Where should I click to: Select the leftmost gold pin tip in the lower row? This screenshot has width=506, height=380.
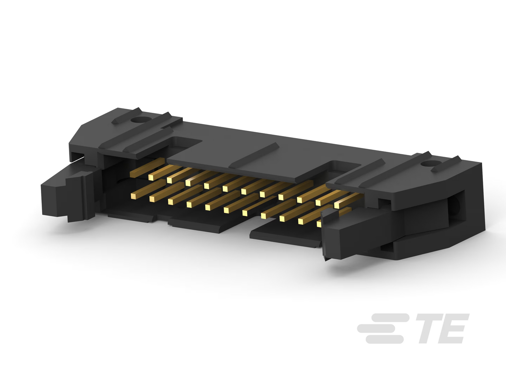(133, 196)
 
